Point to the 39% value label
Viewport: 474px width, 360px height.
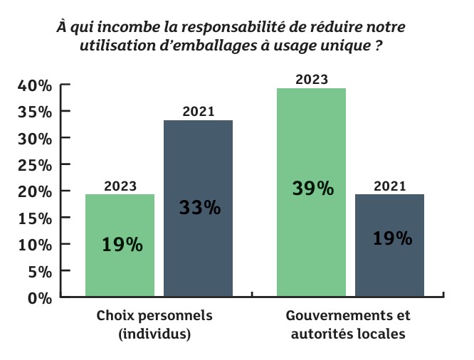[312, 189]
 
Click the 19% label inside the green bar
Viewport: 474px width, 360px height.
[122, 245]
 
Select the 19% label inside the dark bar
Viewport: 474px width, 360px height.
[392, 238]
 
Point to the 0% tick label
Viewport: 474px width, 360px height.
[40, 298]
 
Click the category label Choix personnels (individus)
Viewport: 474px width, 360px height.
[154, 324]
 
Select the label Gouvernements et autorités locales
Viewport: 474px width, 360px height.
[347, 324]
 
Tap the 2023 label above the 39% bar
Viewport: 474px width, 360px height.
[311, 79]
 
